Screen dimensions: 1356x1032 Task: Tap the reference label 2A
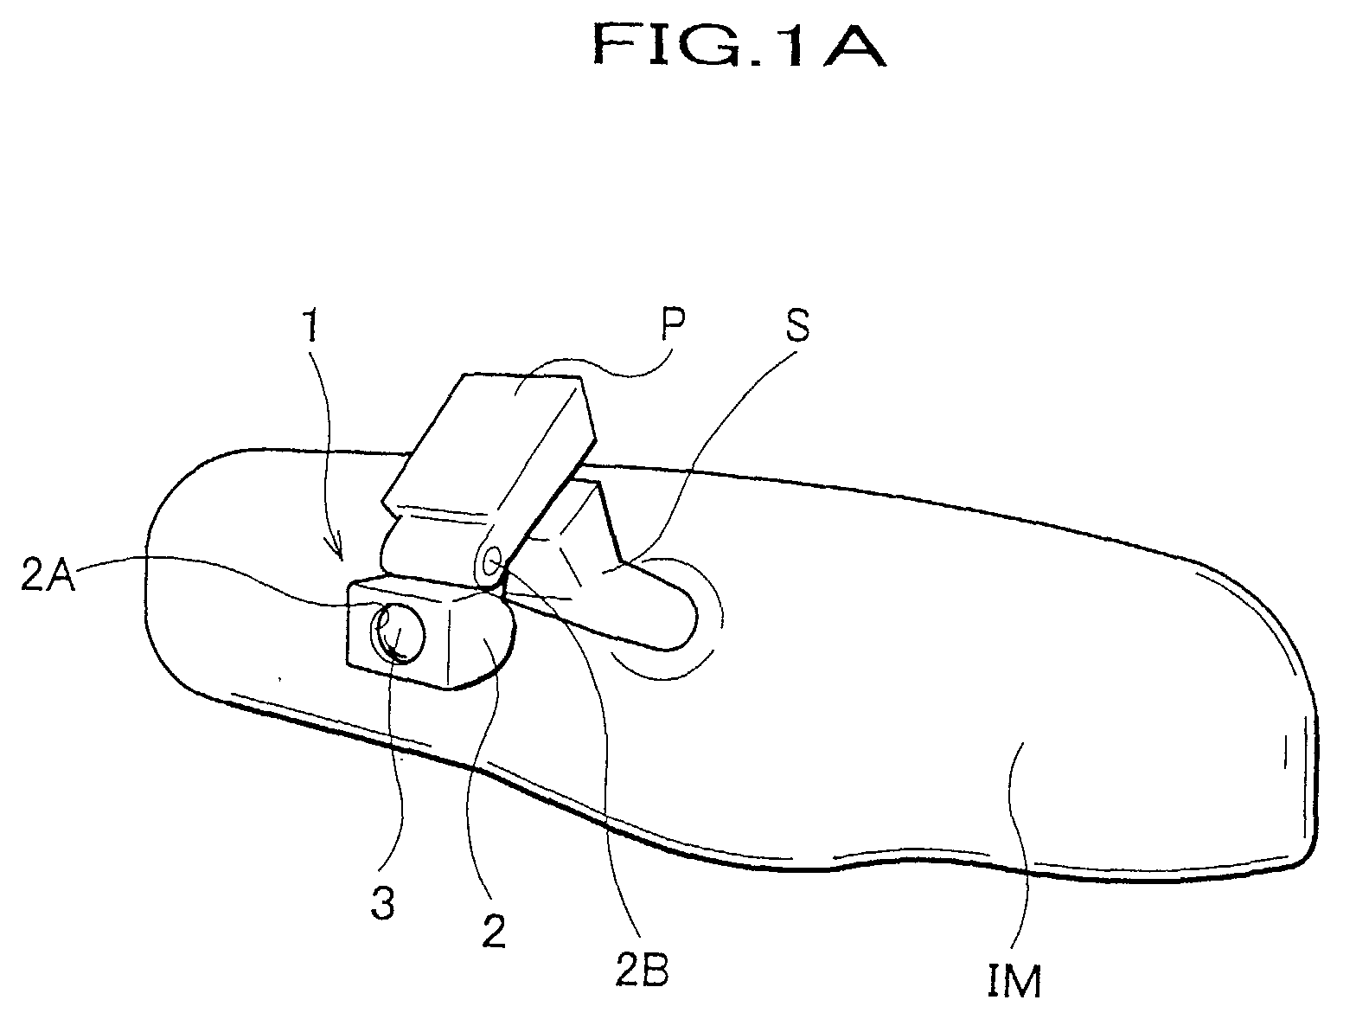click(x=48, y=577)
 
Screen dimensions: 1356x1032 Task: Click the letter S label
click(x=797, y=324)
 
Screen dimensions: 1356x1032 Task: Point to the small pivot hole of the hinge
click(x=493, y=562)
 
